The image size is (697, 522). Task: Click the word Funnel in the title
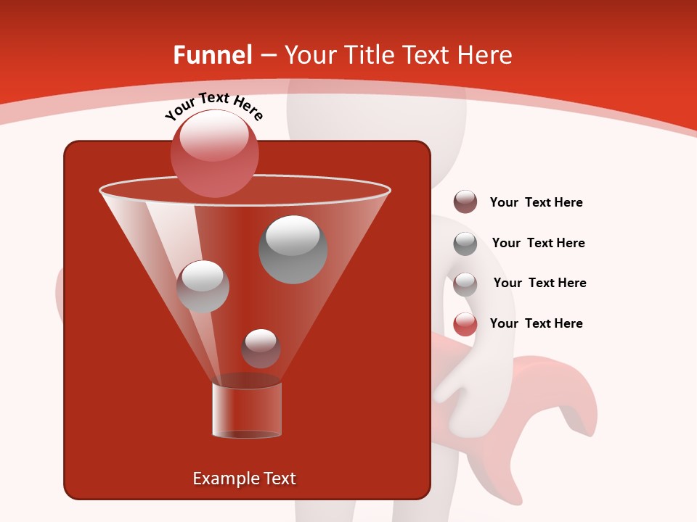212,55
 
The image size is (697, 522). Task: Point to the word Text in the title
428,55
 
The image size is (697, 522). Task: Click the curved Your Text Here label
214,107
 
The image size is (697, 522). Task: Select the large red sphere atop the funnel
215,154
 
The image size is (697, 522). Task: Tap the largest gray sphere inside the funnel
293,249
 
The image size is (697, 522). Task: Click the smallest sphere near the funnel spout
261,349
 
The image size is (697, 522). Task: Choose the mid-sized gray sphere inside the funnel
203,286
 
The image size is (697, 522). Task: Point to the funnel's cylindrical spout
247,410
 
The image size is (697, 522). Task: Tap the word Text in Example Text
278,478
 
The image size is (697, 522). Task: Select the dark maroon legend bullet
465,202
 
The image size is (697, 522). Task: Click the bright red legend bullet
465,324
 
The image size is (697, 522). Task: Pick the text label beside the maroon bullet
536,202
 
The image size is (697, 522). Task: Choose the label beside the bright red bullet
536,323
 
